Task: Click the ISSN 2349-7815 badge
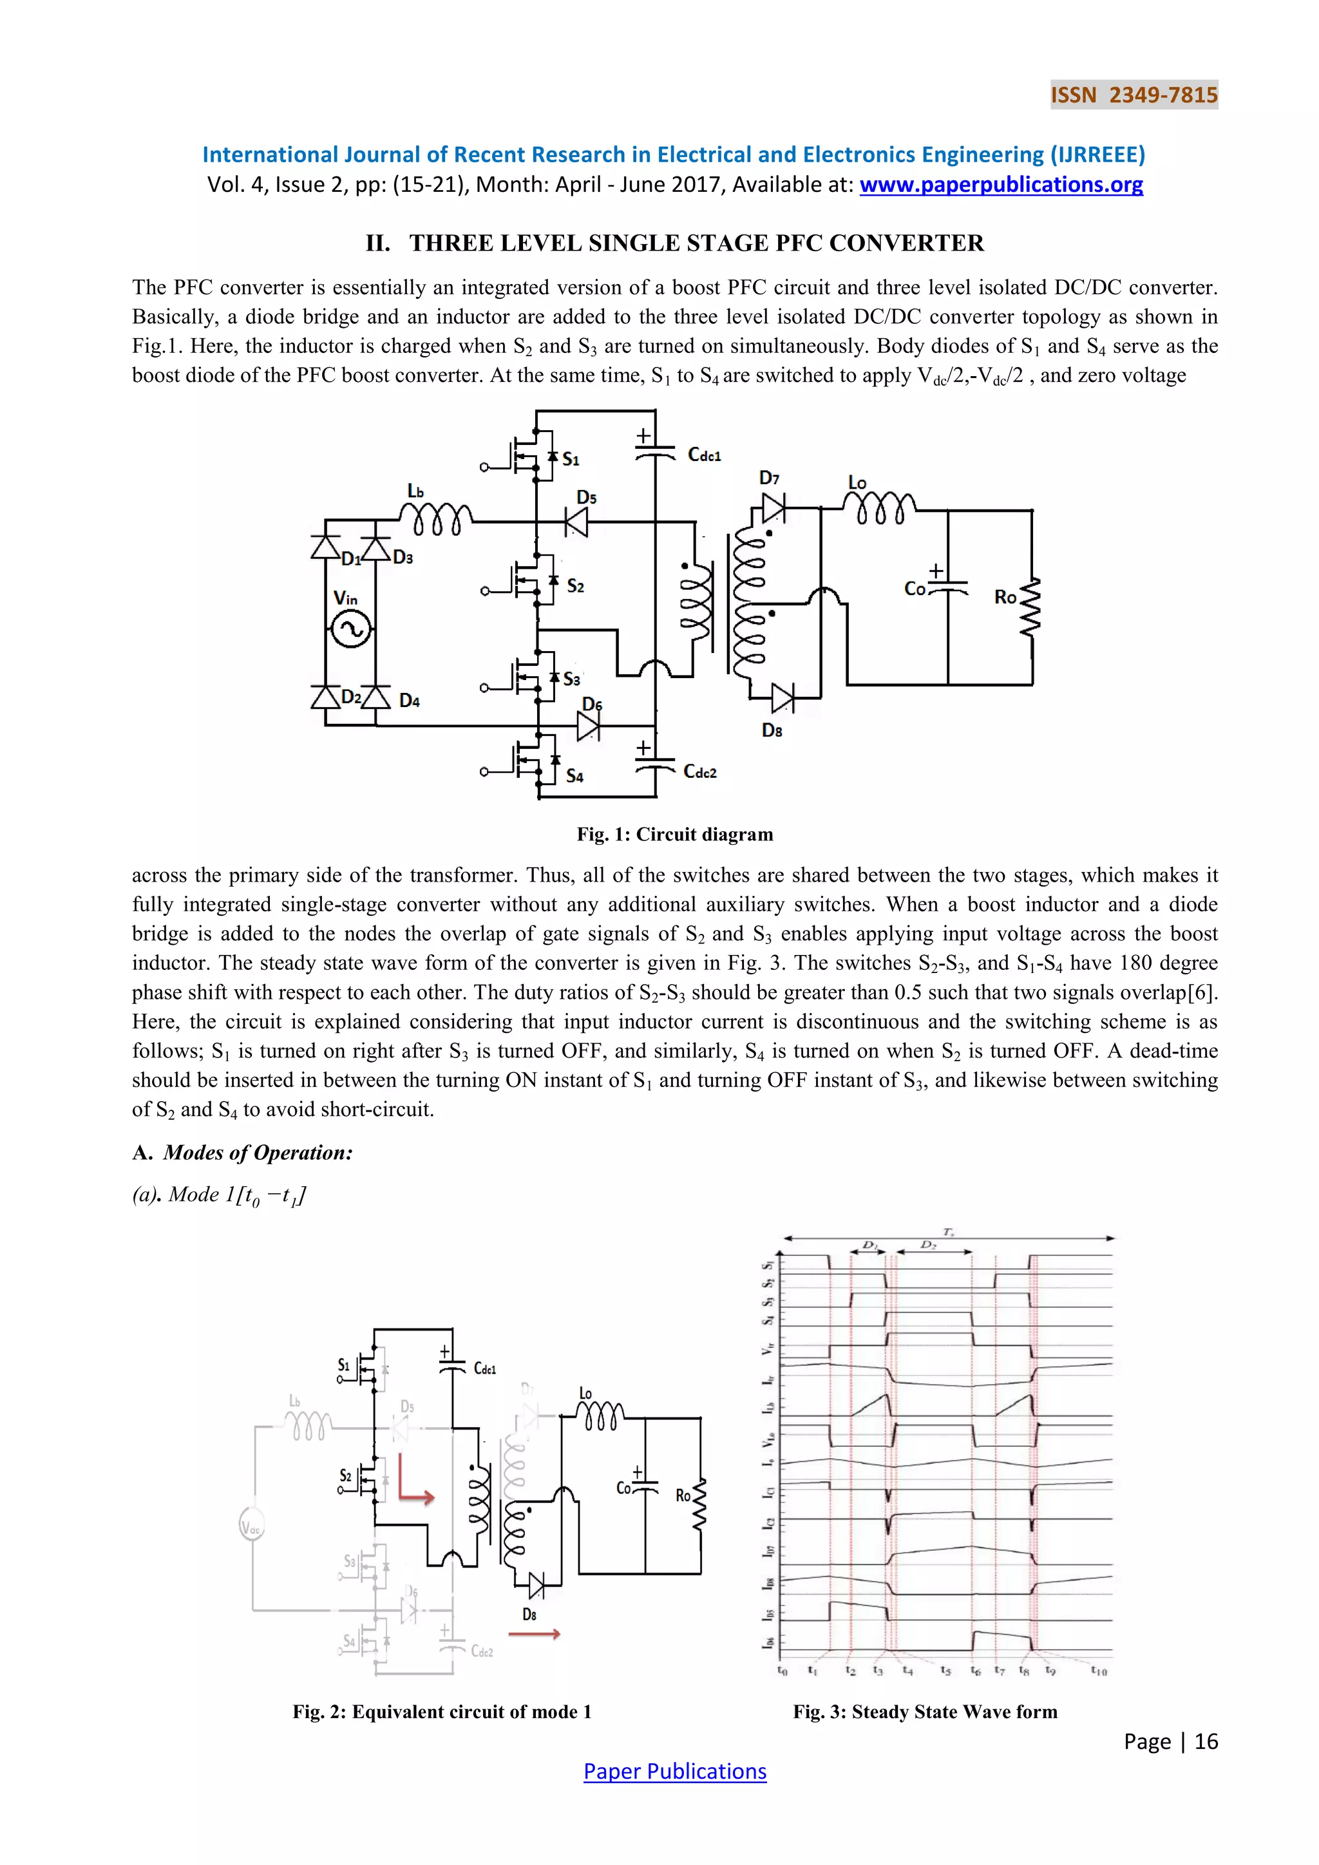point(1134,95)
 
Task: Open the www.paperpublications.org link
point(1001,185)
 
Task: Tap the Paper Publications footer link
point(674,1771)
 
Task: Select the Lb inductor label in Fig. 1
point(416,491)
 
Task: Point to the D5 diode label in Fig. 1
point(587,497)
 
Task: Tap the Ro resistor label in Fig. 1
point(1005,597)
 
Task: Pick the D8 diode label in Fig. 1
point(772,730)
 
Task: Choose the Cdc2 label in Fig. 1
point(700,772)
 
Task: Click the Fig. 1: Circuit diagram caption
point(675,834)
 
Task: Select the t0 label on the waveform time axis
point(782,1671)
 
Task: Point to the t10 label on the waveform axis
point(1099,1672)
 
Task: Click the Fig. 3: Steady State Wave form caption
point(925,1712)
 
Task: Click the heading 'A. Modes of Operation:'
point(243,1153)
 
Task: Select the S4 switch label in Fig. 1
point(575,776)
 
